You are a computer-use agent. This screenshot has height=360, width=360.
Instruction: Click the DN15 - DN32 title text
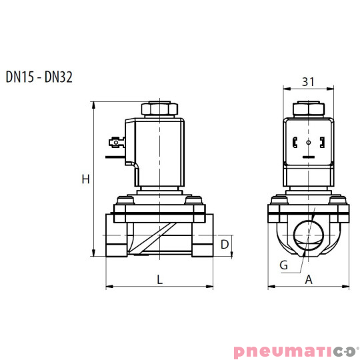point(39,77)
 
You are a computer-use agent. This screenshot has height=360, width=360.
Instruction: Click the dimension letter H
point(85,179)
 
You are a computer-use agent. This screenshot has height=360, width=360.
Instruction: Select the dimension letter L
point(160,280)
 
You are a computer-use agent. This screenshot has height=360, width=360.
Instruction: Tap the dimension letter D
point(225,245)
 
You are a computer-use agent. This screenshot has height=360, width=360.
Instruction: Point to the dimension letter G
point(283,265)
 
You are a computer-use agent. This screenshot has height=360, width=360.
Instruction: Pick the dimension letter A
point(309,280)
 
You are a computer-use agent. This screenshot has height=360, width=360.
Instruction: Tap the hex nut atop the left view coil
point(159,109)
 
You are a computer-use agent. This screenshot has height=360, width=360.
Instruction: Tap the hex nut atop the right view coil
point(308,109)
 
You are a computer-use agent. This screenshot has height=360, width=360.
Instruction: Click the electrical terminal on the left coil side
point(115,141)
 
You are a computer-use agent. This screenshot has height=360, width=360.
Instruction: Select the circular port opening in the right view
point(309,235)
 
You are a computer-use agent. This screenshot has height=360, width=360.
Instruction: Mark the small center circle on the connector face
point(308,143)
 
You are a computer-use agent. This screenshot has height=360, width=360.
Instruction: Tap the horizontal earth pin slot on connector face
point(308,157)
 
